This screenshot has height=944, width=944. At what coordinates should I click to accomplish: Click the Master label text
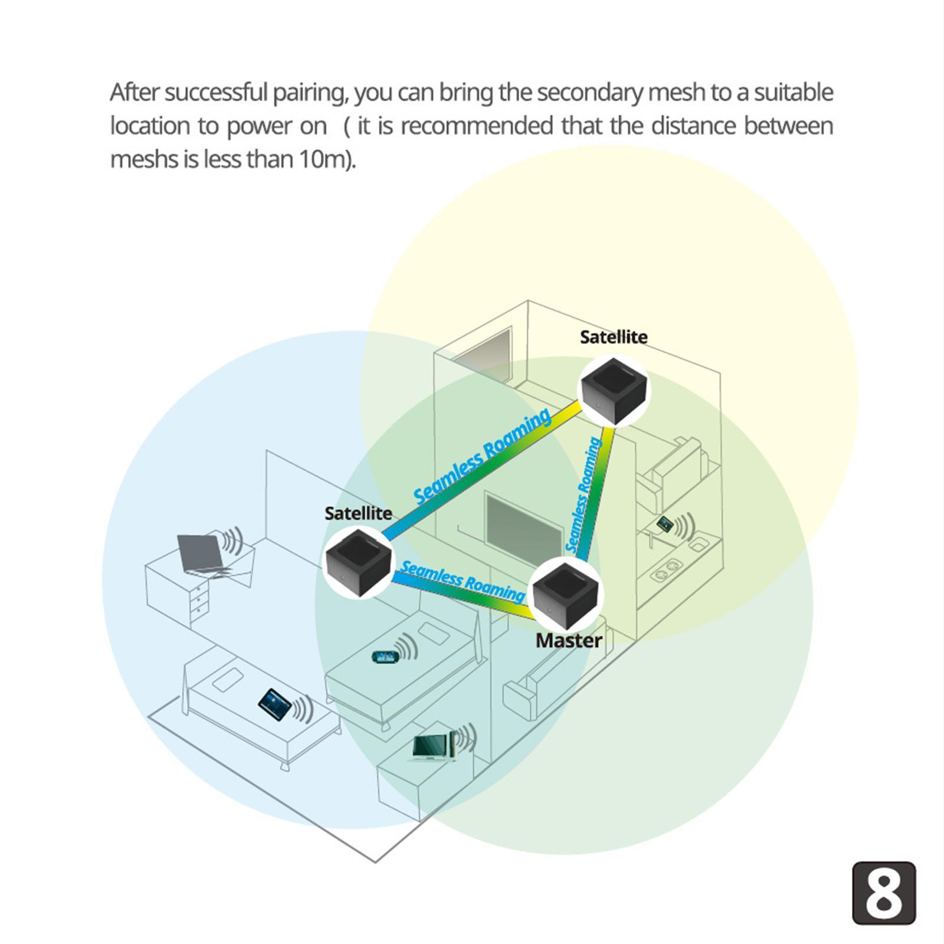[568, 641]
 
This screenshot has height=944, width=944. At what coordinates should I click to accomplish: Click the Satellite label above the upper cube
[613, 337]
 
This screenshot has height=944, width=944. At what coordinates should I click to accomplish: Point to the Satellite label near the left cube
[358, 513]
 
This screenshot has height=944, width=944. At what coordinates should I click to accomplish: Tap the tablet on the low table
[275, 702]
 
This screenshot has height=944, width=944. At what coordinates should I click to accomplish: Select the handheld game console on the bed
[385, 656]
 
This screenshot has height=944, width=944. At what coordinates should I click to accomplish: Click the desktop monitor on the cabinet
[432, 748]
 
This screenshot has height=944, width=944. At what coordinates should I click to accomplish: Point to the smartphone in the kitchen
[665, 523]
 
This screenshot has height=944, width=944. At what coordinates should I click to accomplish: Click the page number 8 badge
[884, 893]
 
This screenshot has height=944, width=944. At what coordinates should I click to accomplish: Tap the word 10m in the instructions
[322, 159]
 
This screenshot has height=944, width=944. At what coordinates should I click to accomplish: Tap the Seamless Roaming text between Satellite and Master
[462, 581]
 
